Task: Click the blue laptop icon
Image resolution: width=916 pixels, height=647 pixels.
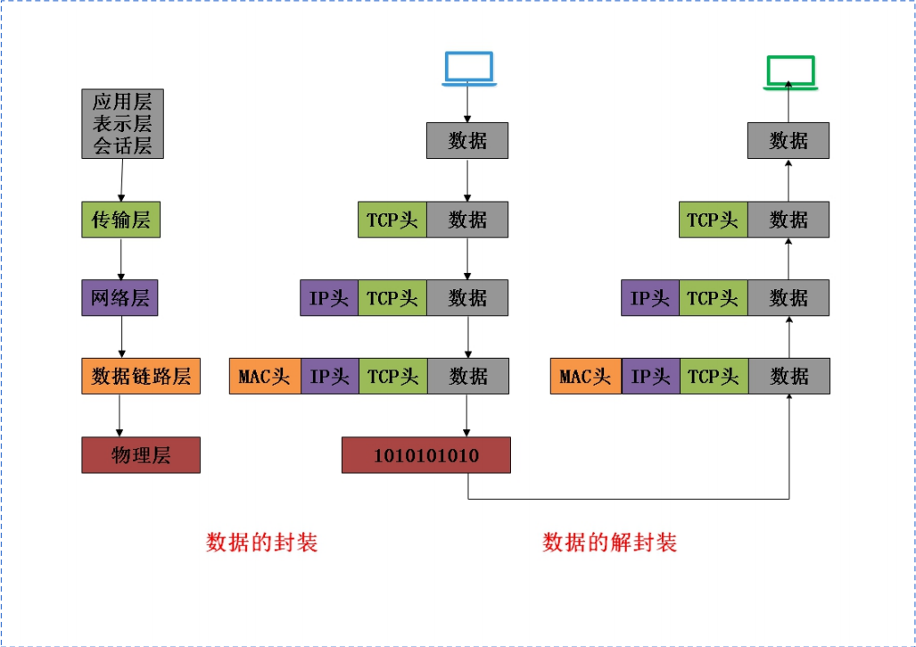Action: click(x=468, y=70)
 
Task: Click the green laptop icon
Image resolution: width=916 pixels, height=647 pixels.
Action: click(x=789, y=71)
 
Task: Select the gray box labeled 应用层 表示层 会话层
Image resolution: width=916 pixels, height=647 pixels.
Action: click(x=122, y=123)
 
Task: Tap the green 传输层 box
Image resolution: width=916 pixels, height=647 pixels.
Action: click(x=120, y=220)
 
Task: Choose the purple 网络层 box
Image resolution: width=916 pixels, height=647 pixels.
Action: click(x=120, y=297)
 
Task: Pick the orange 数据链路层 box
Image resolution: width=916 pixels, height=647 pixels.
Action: click(x=141, y=376)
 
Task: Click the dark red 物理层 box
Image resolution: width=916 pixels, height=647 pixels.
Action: click(x=141, y=455)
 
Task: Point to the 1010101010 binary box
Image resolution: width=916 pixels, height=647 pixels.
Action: click(x=425, y=455)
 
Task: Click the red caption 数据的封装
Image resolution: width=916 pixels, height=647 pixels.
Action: click(x=261, y=542)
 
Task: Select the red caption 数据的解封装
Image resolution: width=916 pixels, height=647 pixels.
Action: click(x=609, y=542)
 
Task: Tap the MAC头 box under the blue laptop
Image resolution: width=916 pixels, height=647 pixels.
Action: click(x=265, y=377)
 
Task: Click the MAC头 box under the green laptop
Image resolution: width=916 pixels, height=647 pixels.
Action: click(x=586, y=377)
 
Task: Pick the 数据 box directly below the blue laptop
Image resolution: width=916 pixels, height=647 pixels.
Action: click(x=467, y=141)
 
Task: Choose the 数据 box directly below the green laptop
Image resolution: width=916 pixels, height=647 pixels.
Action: click(x=788, y=141)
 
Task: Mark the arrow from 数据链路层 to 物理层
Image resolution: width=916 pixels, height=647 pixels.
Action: click(x=120, y=415)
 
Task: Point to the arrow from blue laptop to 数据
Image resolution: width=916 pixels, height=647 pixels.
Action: click(x=467, y=105)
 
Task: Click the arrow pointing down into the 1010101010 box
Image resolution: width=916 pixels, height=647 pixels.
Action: click(x=467, y=415)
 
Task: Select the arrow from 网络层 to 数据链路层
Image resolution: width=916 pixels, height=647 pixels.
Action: click(x=121, y=336)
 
